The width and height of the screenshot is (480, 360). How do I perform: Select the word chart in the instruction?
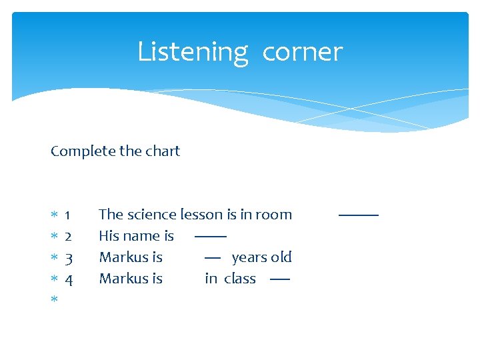pos(161,151)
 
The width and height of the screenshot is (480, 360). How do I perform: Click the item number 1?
pos(68,215)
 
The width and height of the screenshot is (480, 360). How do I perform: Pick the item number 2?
pos(68,237)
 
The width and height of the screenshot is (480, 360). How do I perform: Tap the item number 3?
pos(68,258)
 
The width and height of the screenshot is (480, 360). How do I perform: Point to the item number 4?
pos(68,279)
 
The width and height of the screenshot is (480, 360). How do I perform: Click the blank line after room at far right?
pos(358,215)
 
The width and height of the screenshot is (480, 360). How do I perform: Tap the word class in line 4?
pos(240,279)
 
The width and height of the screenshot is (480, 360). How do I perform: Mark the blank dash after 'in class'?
pos(280,279)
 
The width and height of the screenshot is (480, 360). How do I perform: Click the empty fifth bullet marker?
pos(54,300)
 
